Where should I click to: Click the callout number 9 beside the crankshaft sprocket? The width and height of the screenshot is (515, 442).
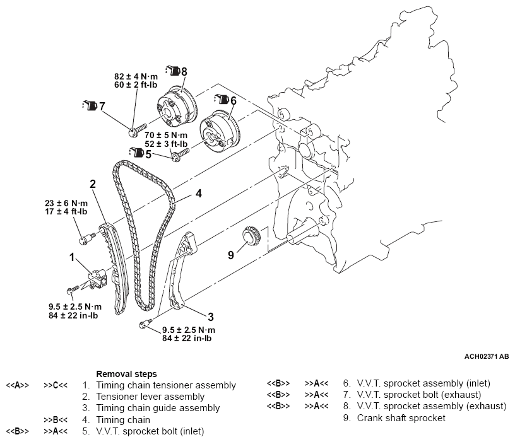[x=230, y=255]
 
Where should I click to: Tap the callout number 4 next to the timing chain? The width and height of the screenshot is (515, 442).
[x=198, y=194]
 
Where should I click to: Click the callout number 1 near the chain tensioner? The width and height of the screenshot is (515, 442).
[x=73, y=257]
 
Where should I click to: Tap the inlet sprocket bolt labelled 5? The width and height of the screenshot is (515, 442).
[x=179, y=153]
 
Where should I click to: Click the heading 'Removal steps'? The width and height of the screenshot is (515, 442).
[x=126, y=374]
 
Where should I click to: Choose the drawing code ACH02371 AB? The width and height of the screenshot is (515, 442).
[x=485, y=357]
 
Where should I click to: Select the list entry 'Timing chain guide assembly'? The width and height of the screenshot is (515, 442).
[x=158, y=408]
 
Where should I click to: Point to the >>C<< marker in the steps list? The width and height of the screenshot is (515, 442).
[x=56, y=385]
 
